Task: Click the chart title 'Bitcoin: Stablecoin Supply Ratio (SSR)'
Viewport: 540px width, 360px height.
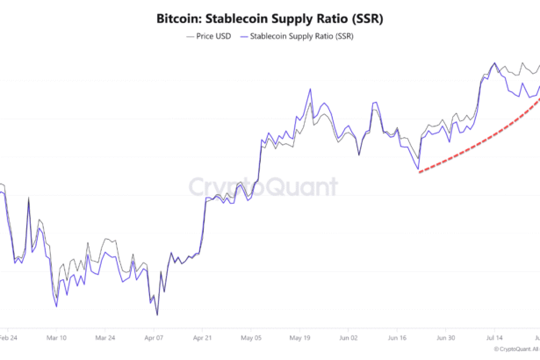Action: pyautogui.click(x=270, y=18)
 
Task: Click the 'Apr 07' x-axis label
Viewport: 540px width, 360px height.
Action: pyautogui.click(x=154, y=337)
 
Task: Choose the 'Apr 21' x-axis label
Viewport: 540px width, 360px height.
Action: pyautogui.click(x=203, y=337)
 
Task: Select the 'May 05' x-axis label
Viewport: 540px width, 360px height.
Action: pyautogui.click(x=252, y=337)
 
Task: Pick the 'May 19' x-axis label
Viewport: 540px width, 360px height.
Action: pyautogui.click(x=300, y=337)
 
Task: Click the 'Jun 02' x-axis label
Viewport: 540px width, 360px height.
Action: pyautogui.click(x=349, y=337)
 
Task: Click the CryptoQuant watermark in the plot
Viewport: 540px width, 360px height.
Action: pyautogui.click(x=263, y=186)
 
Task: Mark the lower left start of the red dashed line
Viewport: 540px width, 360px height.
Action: pyautogui.click(x=420, y=171)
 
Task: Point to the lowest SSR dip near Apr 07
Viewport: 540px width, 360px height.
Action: pyautogui.click(x=157, y=314)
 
